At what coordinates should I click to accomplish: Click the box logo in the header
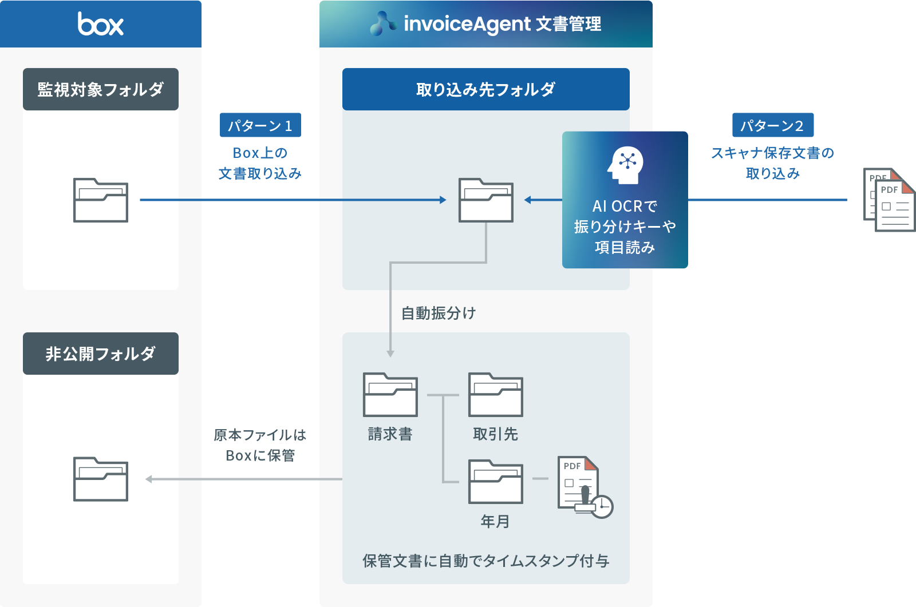[x=101, y=24]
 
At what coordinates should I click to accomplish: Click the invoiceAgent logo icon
[x=382, y=24]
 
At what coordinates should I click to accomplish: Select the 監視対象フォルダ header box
[x=101, y=89]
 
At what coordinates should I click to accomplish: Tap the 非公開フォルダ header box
[x=101, y=354]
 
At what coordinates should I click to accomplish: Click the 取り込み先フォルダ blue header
[x=485, y=89]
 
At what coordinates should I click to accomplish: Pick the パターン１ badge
[x=260, y=125]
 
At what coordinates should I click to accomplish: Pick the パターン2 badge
[x=772, y=125]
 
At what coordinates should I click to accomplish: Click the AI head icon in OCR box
[x=625, y=165]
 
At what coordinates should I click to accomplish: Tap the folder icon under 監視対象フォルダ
[x=101, y=200]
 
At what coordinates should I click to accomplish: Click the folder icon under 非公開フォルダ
[x=101, y=479]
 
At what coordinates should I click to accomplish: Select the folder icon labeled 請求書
[x=390, y=395]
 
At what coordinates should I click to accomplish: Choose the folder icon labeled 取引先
[x=495, y=395]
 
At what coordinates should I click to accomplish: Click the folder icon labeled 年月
[x=495, y=482]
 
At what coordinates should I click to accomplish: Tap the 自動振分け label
[x=439, y=313]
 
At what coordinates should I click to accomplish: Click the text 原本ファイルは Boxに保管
[x=260, y=445]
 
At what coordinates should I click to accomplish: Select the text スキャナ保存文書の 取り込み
[x=772, y=163]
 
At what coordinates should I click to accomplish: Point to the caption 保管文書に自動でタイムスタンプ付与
[x=485, y=561]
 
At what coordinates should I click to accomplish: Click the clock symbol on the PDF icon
[x=602, y=506]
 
